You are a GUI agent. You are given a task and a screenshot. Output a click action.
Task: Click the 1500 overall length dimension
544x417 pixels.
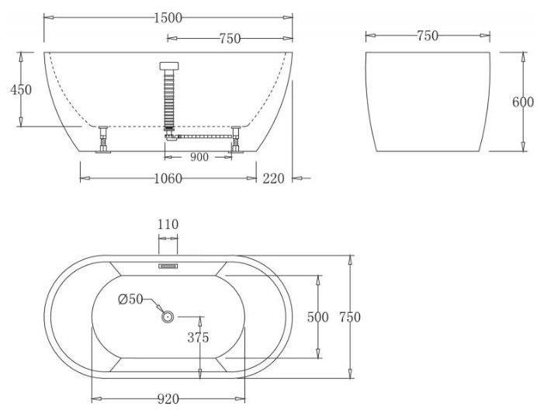pos(168,18)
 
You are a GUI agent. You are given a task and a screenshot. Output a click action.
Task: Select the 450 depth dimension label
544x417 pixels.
pos(21,89)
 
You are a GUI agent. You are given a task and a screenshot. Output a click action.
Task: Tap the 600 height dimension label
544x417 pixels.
pos(523,102)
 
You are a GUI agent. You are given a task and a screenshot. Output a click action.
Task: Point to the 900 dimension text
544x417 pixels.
pos(199,158)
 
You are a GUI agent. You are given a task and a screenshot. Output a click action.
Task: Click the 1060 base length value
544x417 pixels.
pos(168,179)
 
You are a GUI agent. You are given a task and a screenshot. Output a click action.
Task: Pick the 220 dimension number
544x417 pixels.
pos(273,179)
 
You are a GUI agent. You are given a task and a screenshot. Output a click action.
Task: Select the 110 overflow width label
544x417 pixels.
pos(168,224)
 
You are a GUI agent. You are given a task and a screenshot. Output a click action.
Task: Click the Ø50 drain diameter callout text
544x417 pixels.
pos(131,299)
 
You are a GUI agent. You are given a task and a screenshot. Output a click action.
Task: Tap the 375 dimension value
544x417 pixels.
pos(198,337)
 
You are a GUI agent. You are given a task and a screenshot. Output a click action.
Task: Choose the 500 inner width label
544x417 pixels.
pos(318,317)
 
